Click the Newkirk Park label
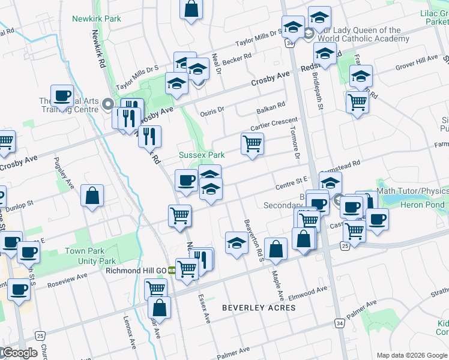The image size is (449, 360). click(96, 19)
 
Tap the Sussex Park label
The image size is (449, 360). click(202, 155)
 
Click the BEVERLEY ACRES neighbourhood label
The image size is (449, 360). click(259, 308)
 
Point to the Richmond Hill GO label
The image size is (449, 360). click(136, 271)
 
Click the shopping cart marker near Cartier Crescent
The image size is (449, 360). click(252, 143)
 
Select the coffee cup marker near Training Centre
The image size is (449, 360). click(62, 95)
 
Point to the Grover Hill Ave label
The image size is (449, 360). click(417, 63)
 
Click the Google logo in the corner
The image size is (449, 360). click(20, 352)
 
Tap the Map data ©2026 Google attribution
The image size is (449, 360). click(412, 355)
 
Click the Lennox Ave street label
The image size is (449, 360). click(130, 332)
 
